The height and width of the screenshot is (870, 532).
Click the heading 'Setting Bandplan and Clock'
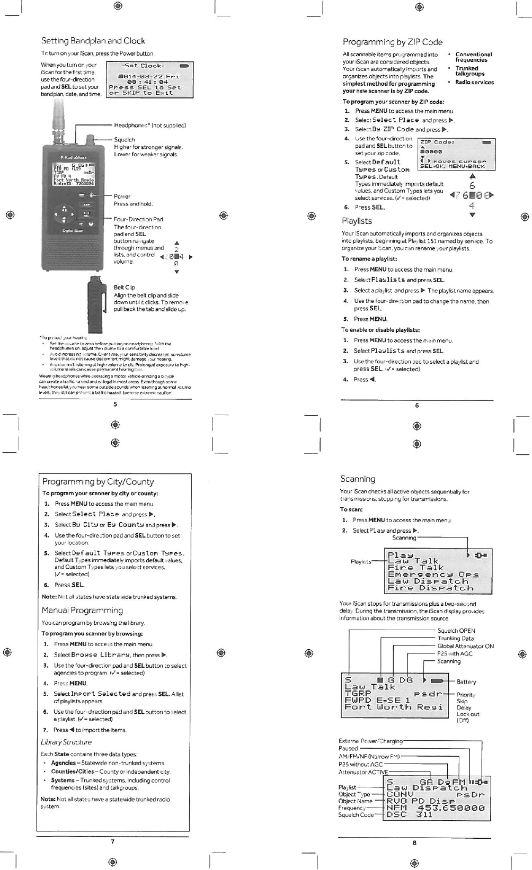pos(93,41)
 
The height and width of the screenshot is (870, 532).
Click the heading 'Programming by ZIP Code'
pos(392,42)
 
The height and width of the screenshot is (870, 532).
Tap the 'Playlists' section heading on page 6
pos(357,221)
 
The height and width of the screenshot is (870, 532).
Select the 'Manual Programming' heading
pos(82,610)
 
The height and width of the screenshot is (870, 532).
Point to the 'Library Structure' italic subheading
pos(66,742)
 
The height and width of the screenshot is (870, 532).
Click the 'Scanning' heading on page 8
pos(358,479)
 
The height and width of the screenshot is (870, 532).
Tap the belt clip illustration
pos(94,303)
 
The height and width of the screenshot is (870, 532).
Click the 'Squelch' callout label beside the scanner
pos(125,140)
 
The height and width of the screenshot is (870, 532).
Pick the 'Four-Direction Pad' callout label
pos(138,219)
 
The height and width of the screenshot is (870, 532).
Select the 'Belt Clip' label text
pos(124,288)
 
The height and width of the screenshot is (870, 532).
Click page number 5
pos(115,405)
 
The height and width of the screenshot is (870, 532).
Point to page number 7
pos(112,841)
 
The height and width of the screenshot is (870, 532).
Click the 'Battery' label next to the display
pos(466,682)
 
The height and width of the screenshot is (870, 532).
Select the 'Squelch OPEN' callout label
pos(456,631)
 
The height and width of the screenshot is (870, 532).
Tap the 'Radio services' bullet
pos(474,82)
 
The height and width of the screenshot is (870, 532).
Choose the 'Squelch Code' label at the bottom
pos(356,814)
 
